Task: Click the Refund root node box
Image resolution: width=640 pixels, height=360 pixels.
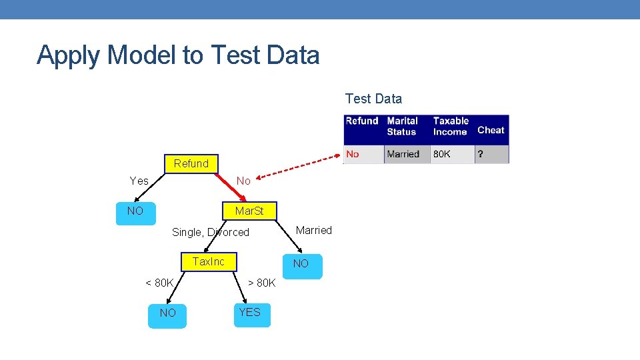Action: tap(191, 163)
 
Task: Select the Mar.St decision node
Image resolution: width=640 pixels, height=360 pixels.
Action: tap(249, 211)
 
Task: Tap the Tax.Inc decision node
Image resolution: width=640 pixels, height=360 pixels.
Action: tap(209, 262)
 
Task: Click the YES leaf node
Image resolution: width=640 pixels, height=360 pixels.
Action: tap(250, 313)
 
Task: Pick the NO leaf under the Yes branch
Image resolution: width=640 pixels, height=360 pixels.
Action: tap(135, 211)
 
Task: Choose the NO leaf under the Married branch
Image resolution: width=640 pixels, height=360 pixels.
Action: tap(301, 264)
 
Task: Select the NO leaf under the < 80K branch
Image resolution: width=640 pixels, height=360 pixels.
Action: tap(168, 313)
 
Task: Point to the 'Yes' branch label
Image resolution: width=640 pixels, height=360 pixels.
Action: tap(139, 181)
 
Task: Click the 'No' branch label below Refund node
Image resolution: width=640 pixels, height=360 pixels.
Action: tap(243, 181)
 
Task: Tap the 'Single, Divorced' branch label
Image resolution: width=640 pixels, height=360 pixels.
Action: tap(211, 232)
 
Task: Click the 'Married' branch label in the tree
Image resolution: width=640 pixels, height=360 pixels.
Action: tap(313, 230)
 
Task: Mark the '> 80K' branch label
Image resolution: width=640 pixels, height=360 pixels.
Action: tap(261, 283)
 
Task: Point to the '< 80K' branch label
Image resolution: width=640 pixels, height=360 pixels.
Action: tap(159, 283)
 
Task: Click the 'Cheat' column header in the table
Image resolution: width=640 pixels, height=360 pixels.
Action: tap(491, 130)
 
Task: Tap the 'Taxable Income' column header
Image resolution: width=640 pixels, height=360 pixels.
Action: tap(451, 126)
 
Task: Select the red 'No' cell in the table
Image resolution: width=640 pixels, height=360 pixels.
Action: tap(353, 154)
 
